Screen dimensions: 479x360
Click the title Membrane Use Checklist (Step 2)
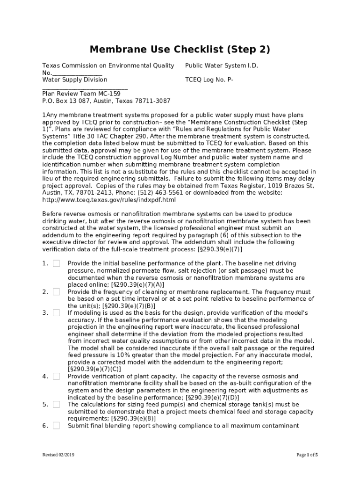(x=180, y=50)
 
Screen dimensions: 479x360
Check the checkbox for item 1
(x=56, y=263)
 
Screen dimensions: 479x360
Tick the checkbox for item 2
(x=56, y=291)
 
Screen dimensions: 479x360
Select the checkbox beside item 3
(x=56, y=312)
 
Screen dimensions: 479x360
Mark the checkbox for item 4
(x=56, y=376)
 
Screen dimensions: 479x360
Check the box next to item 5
(x=56, y=404)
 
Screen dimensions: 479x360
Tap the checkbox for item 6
(x=56, y=426)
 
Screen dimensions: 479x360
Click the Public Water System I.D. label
(x=221, y=65)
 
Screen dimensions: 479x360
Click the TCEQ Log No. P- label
(x=209, y=80)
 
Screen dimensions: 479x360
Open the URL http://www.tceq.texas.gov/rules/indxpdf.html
(x=109, y=200)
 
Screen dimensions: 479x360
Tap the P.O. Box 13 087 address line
(x=106, y=101)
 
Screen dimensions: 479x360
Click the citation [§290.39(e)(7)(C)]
(x=94, y=369)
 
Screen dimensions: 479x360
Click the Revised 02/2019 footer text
(x=58, y=455)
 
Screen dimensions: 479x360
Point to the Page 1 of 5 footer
(x=307, y=455)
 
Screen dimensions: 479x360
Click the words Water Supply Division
(x=74, y=80)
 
